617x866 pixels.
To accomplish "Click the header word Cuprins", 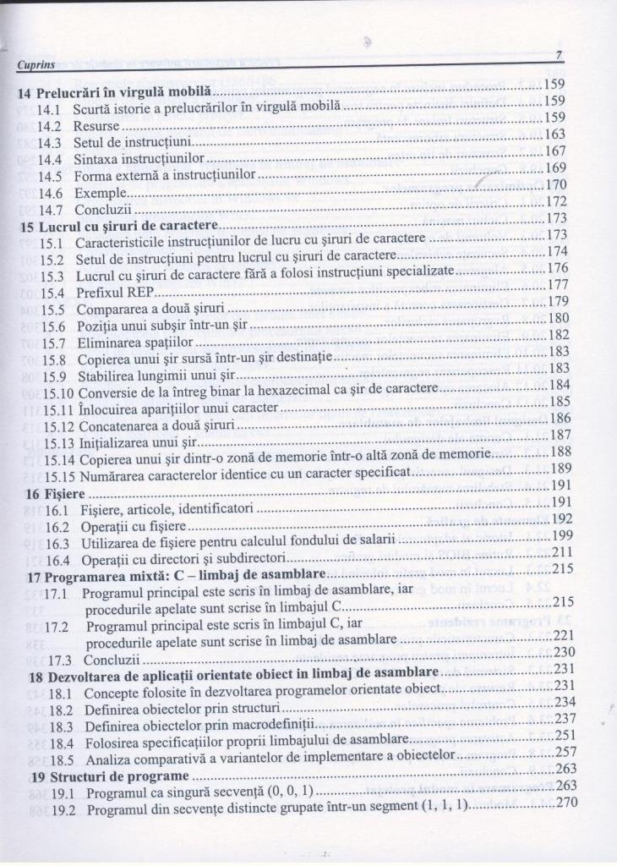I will click(x=36, y=63).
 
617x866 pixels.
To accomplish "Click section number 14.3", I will click(x=53, y=140).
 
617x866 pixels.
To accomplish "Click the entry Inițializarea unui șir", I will click(x=137, y=441).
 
